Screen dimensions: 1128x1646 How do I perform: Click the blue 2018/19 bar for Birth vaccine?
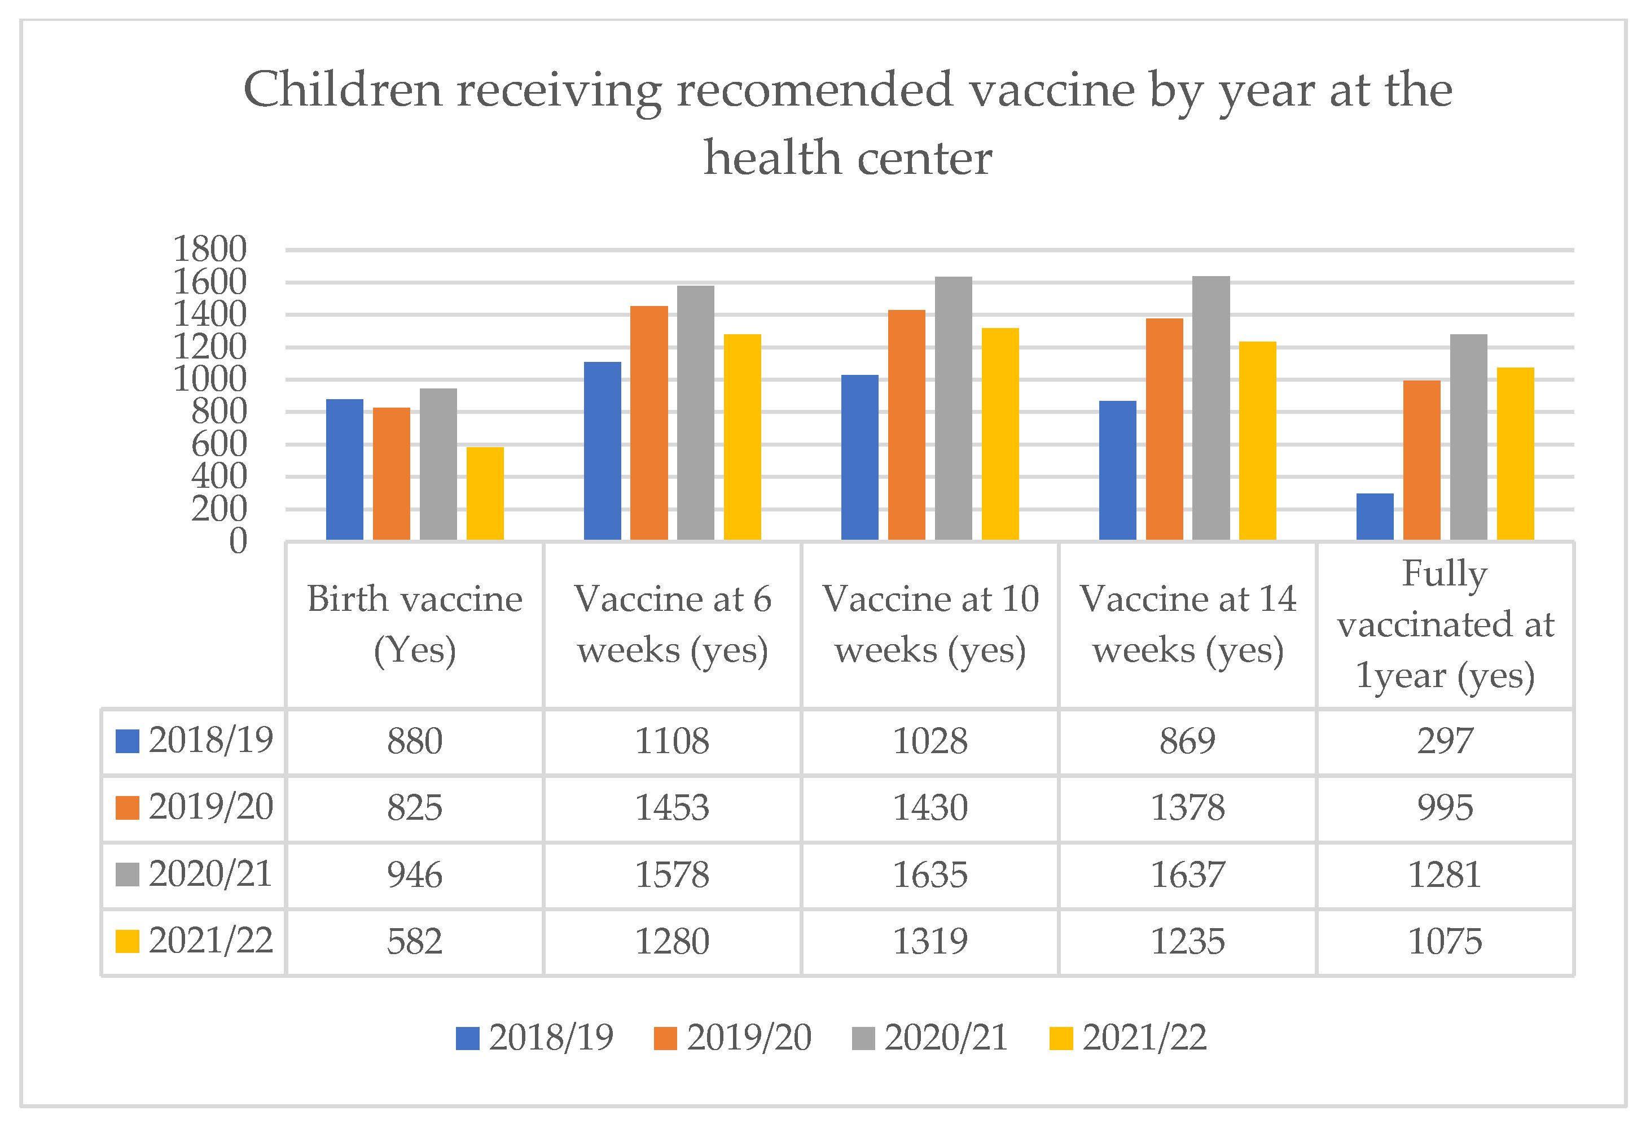[344, 469]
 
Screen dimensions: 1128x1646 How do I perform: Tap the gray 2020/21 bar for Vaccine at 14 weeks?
[1211, 408]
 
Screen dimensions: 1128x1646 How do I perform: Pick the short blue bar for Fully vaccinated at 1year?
[1375, 517]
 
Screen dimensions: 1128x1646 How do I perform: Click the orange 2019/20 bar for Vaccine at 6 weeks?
[649, 423]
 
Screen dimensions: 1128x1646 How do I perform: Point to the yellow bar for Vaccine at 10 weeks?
[1000, 434]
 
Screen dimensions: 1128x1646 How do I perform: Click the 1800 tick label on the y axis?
[210, 250]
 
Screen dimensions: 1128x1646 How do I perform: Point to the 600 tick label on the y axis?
[219, 444]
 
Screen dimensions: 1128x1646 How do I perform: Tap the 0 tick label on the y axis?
[238, 541]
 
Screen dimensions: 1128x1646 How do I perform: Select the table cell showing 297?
[1445, 741]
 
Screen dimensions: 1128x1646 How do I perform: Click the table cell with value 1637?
[1188, 875]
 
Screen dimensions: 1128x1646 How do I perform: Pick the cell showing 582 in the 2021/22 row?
[414, 942]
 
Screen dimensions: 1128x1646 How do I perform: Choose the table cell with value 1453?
[672, 808]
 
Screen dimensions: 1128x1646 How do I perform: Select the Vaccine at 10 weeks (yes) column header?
[930, 624]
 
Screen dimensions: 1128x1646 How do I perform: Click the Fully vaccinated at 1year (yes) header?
[1445, 624]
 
